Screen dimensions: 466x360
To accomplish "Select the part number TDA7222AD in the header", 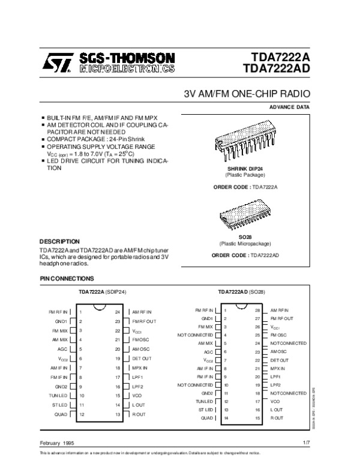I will pos(281,70).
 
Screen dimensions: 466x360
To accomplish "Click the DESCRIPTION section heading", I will pos(59,241).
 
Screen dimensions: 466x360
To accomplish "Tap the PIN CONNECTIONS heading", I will pos(67,279).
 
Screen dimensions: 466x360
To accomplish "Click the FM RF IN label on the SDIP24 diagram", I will pos(58,312).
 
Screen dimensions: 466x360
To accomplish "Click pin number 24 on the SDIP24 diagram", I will pos(118,312).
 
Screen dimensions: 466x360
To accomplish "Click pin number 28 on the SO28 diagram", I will pos(257,310).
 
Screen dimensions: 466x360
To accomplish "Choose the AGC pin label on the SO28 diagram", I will pos(209,352).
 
